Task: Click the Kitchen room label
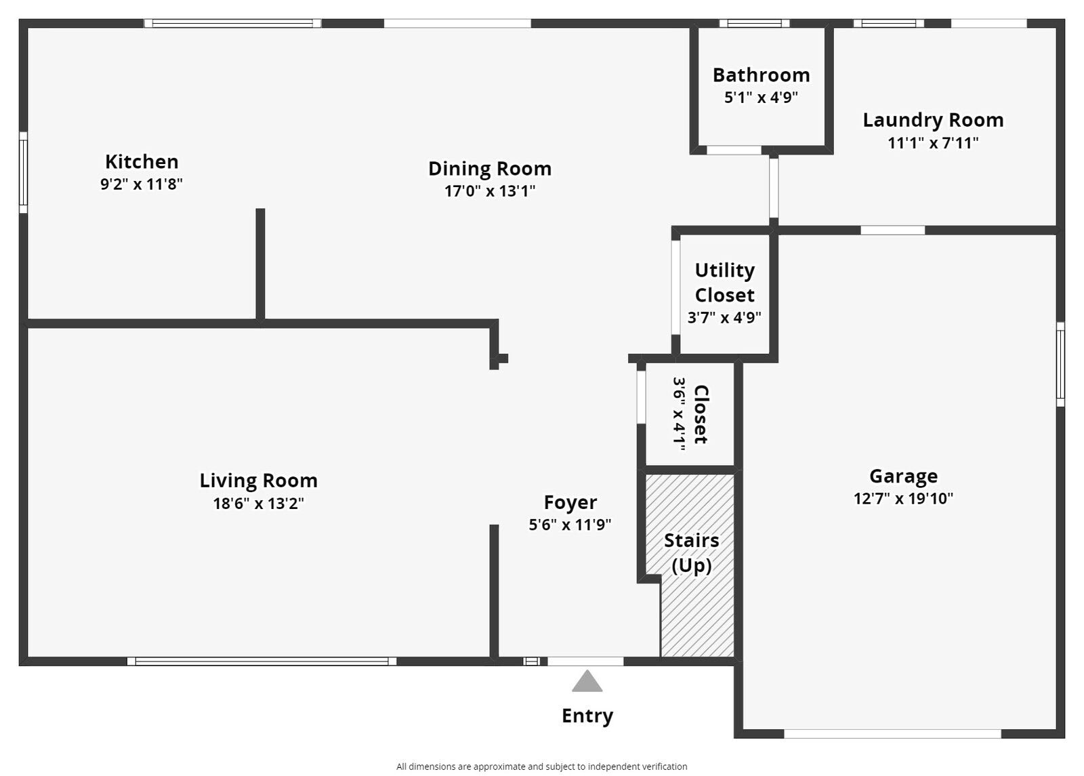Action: click(x=142, y=161)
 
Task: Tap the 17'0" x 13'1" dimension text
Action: click(x=490, y=191)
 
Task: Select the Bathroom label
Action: click(x=761, y=75)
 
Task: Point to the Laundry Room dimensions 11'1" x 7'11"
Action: click(x=933, y=143)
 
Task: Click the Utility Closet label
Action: click(x=724, y=283)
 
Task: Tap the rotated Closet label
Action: click(x=701, y=414)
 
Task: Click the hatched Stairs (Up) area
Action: click(x=698, y=610)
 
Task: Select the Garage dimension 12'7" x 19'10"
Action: click(x=903, y=499)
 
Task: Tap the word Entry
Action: click(x=587, y=716)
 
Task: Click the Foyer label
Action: click(x=570, y=502)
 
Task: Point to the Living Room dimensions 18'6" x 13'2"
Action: click(x=258, y=504)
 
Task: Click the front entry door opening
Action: click(x=585, y=661)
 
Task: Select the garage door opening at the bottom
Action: click(x=892, y=734)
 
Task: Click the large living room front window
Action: click(x=262, y=661)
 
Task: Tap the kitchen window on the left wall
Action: click(x=23, y=172)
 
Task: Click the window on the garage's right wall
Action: click(x=1060, y=364)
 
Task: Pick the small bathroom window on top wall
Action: click(x=754, y=23)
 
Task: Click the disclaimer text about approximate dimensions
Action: click(x=541, y=767)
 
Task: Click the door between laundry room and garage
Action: click(x=892, y=230)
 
